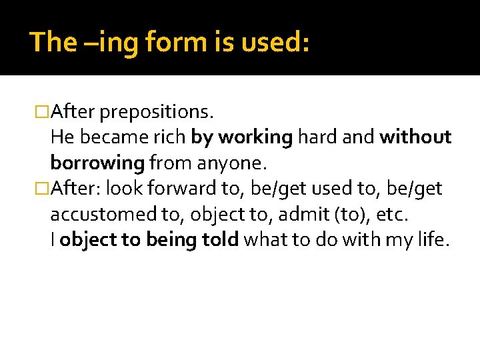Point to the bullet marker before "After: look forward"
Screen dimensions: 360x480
click(x=42, y=189)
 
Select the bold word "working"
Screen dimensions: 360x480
click(x=255, y=137)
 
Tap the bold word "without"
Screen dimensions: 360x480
click(x=415, y=137)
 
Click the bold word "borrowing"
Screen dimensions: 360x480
click(x=97, y=163)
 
